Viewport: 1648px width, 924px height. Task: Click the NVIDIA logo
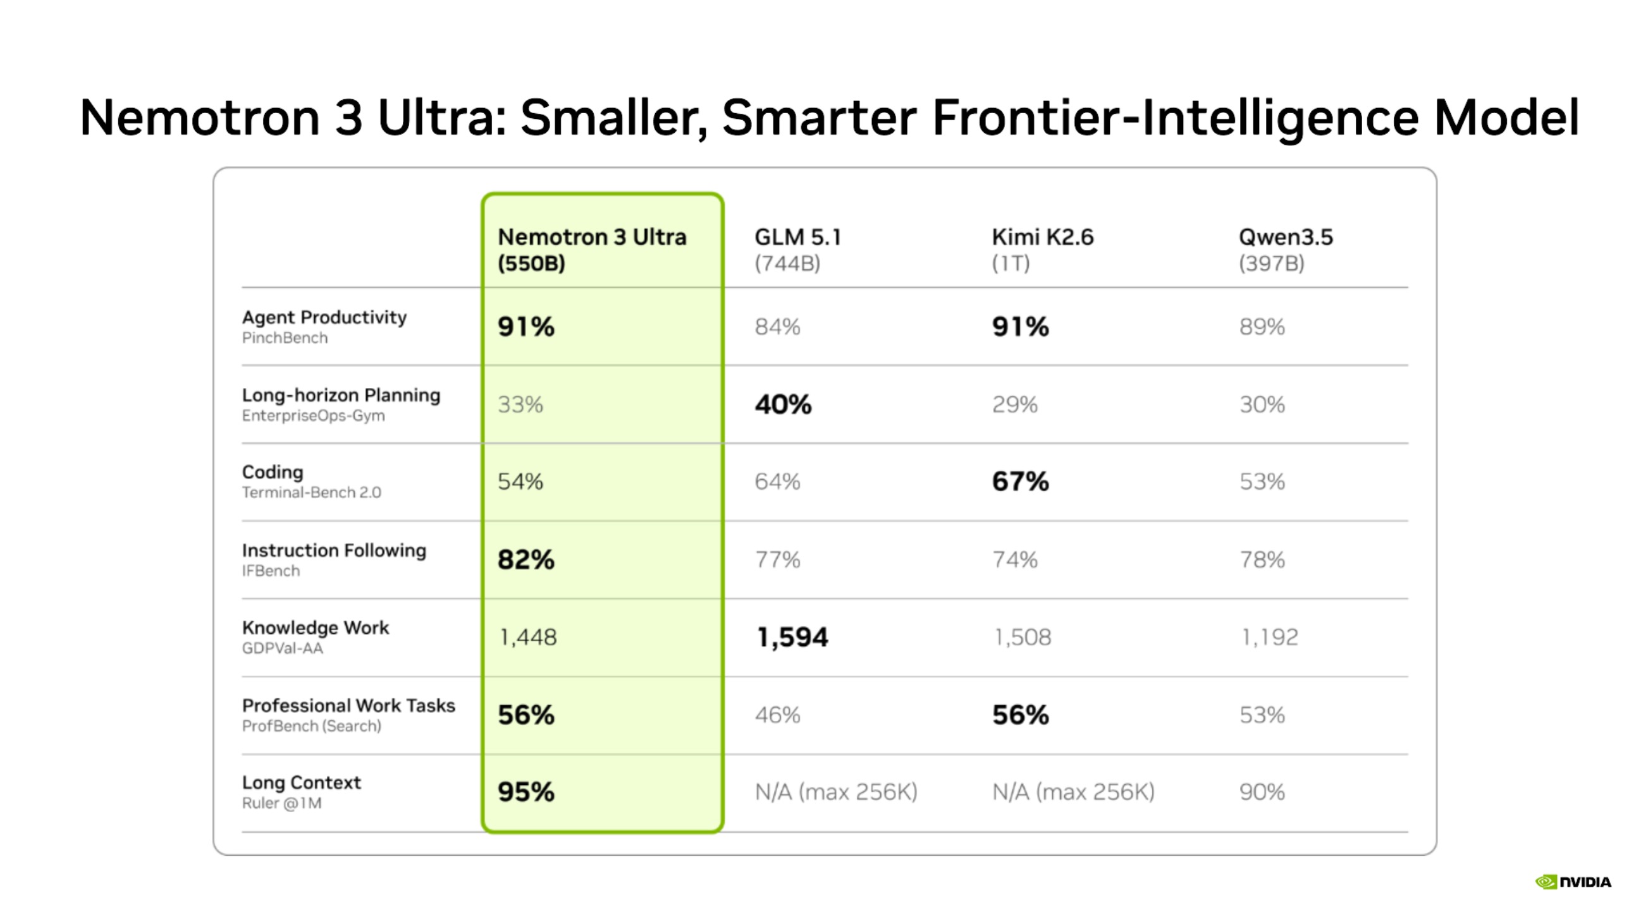[1573, 882]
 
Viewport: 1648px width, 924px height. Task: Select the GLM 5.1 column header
[797, 250]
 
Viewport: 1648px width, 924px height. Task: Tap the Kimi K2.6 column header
[1042, 250]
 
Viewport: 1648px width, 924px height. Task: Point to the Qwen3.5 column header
[1285, 250]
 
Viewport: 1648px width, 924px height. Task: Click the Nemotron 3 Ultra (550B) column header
[592, 250]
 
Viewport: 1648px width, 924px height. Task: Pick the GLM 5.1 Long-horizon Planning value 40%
[783, 404]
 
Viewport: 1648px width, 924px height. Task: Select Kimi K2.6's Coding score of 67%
[1021, 482]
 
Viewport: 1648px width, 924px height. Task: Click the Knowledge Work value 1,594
[792, 638]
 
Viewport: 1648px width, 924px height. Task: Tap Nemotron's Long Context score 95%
[526, 793]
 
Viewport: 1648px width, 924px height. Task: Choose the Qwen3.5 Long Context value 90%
[1262, 793]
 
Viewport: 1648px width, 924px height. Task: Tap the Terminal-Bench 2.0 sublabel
[312, 492]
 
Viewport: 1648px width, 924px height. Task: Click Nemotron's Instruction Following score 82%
[526, 559]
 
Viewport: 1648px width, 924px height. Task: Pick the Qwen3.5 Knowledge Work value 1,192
[1269, 638]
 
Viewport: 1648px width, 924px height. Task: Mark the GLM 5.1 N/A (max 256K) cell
[836, 793]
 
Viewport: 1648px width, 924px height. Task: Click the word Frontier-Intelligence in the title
[1177, 118]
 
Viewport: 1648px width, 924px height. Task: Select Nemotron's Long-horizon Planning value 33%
[520, 404]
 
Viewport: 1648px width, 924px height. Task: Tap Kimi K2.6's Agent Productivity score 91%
[1021, 327]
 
